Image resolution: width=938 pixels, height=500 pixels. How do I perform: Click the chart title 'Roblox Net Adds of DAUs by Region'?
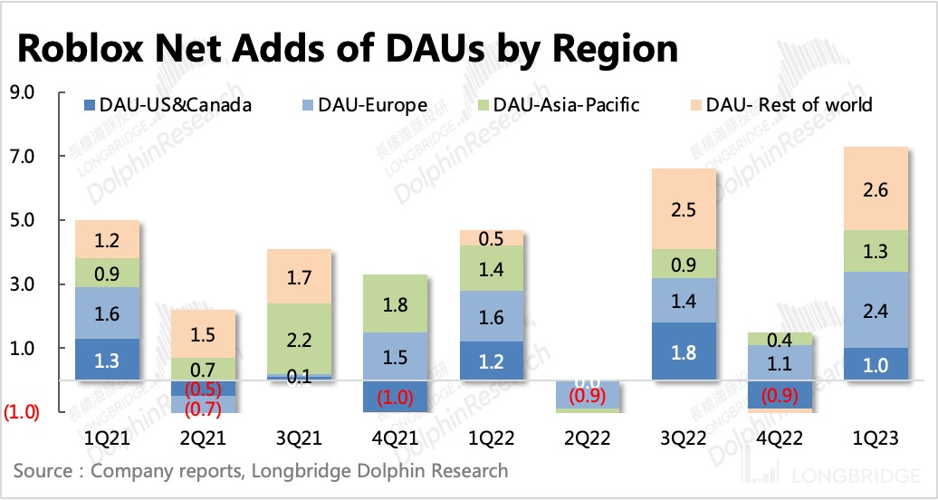tap(347, 48)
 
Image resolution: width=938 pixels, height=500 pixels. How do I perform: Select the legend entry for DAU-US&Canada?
tap(167, 105)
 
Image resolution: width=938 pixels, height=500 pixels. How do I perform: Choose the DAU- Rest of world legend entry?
tap(780, 105)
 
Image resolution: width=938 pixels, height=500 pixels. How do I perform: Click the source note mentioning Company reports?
tap(261, 471)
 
